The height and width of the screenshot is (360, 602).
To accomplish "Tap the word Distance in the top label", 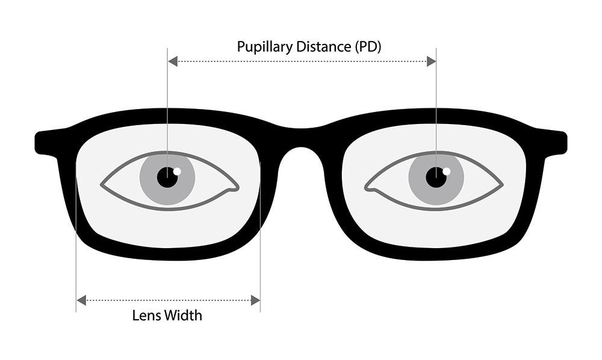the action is pos(323,47).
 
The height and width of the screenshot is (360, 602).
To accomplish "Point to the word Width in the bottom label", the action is pos(184,315).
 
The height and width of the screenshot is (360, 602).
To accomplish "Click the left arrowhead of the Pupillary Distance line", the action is pos(173,61).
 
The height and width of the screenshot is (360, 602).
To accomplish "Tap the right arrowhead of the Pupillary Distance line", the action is pos(431,61).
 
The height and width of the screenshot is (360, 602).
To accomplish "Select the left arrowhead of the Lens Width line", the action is pos(81,300).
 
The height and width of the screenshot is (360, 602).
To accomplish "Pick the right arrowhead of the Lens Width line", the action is pos(255,300).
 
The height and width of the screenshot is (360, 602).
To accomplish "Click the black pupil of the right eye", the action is pos(436,178).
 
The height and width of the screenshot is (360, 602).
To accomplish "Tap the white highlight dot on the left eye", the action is pos(177,171).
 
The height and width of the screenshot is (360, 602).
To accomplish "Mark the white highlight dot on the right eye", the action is pos(446,171).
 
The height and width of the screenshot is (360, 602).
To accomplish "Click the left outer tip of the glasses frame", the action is pos(36,143).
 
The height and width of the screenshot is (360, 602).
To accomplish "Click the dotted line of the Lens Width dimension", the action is pos(169,300).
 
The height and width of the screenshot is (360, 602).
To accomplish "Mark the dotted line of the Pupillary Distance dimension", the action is pos(302,61).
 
